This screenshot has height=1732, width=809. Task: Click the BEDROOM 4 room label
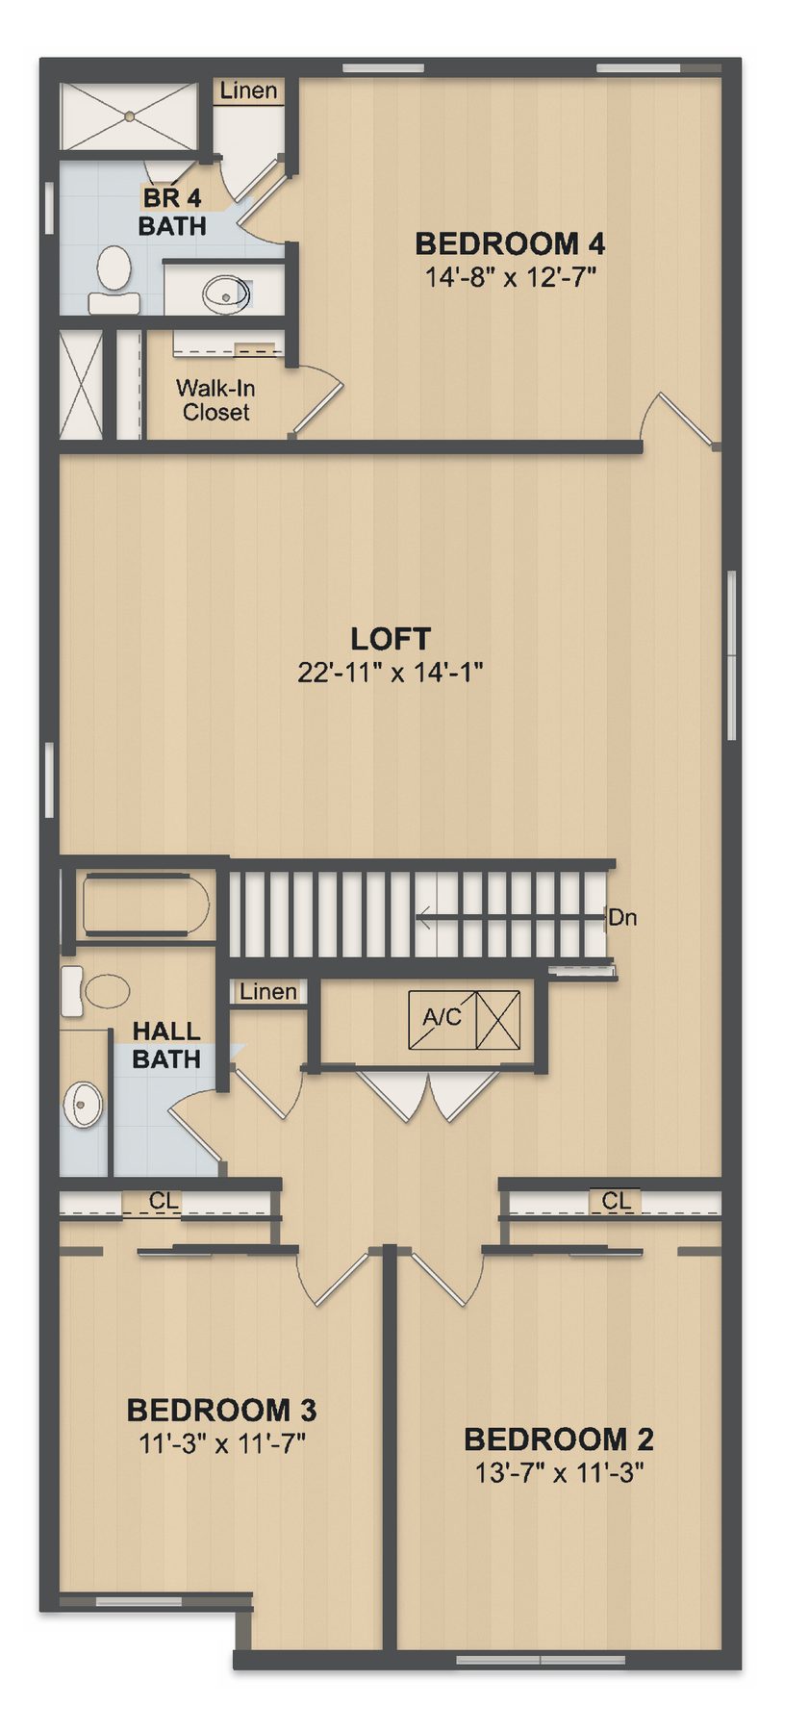(510, 243)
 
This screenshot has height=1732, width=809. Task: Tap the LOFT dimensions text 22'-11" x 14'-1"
(390, 672)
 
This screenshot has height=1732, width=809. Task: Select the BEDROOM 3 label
(221, 1411)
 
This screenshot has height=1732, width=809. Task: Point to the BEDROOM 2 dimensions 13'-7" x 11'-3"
(559, 1472)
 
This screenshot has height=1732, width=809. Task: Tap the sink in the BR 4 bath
(227, 290)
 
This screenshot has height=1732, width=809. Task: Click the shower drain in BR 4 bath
(129, 116)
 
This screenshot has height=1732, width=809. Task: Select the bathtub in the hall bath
(147, 904)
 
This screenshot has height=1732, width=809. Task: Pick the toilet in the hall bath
(95, 990)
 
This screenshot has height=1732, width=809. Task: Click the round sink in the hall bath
(83, 1105)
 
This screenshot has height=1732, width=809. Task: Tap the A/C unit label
(442, 1016)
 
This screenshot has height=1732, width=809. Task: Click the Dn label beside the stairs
(622, 917)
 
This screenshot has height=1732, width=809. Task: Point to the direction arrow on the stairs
(510, 919)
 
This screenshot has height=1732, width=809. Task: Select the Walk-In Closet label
(215, 400)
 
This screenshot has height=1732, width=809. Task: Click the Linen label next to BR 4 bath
(248, 90)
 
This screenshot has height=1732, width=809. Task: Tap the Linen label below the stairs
(268, 991)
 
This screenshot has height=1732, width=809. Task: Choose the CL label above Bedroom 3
(164, 1201)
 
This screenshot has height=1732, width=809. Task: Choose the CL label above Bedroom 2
(617, 1201)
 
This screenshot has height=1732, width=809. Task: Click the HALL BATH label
(166, 1045)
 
